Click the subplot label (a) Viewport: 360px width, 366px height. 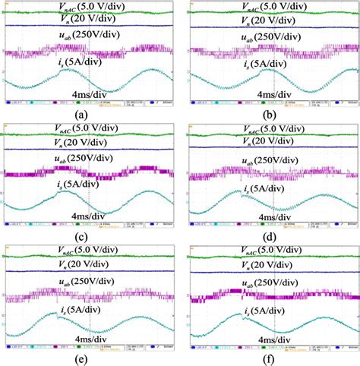point(89,114)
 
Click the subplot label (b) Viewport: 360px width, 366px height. point(270,114)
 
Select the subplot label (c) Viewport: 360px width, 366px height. point(89,235)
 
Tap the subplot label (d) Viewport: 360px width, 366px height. point(270,235)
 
